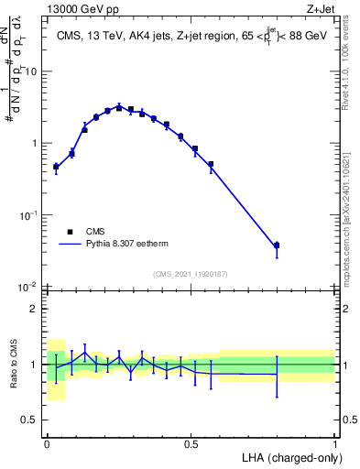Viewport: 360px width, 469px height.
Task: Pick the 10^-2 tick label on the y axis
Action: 30,287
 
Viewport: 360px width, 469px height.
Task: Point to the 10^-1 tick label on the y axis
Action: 30,215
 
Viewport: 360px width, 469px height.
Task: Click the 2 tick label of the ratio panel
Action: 35,308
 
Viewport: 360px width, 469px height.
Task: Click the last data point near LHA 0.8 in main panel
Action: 277,245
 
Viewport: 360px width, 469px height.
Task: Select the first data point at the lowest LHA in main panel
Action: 56,167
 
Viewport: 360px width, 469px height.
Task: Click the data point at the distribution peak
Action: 119,107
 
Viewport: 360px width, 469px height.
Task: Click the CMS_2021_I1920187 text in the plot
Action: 191,274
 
